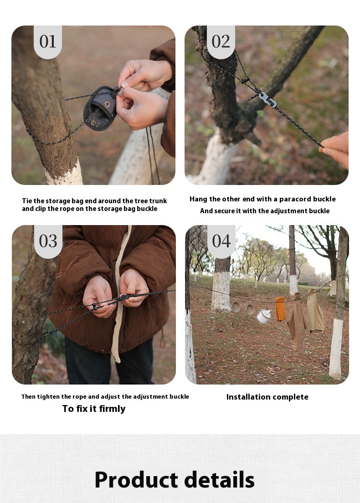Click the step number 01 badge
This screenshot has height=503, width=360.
coord(48,42)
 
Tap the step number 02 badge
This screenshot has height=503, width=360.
coord(221,42)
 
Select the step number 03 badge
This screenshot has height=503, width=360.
coord(48,241)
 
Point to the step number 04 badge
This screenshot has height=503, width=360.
coord(221,241)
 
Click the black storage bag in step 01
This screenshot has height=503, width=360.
coord(100,108)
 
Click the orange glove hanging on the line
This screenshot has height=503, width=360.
coord(280,308)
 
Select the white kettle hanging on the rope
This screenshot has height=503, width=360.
coord(263,316)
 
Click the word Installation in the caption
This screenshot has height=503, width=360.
coord(248,397)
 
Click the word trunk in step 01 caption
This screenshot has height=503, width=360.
coord(158,201)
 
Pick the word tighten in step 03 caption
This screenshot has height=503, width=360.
coord(48,396)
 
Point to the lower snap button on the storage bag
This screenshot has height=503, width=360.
coord(93,123)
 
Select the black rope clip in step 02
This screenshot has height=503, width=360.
coord(245,81)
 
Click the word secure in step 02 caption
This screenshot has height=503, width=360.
coord(225,211)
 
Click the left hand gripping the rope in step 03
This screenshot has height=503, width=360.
coord(99,297)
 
